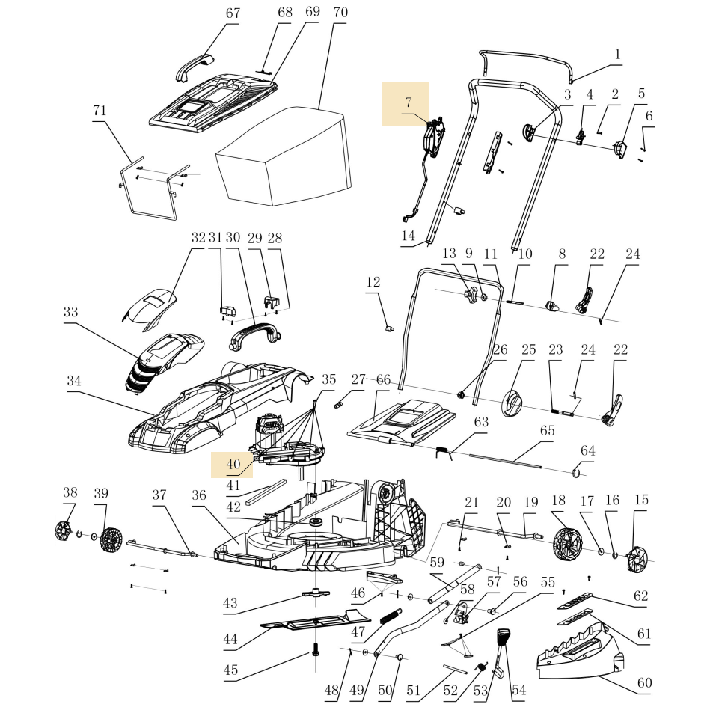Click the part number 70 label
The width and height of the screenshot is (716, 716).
click(340, 13)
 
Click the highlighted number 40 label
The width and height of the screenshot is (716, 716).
click(233, 465)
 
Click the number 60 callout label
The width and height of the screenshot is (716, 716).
click(644, 682)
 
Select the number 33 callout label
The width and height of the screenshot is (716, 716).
click(71, 311)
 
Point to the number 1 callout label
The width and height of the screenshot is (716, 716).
click(617, 54)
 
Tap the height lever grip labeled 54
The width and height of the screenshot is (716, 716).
click(503, 641)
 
